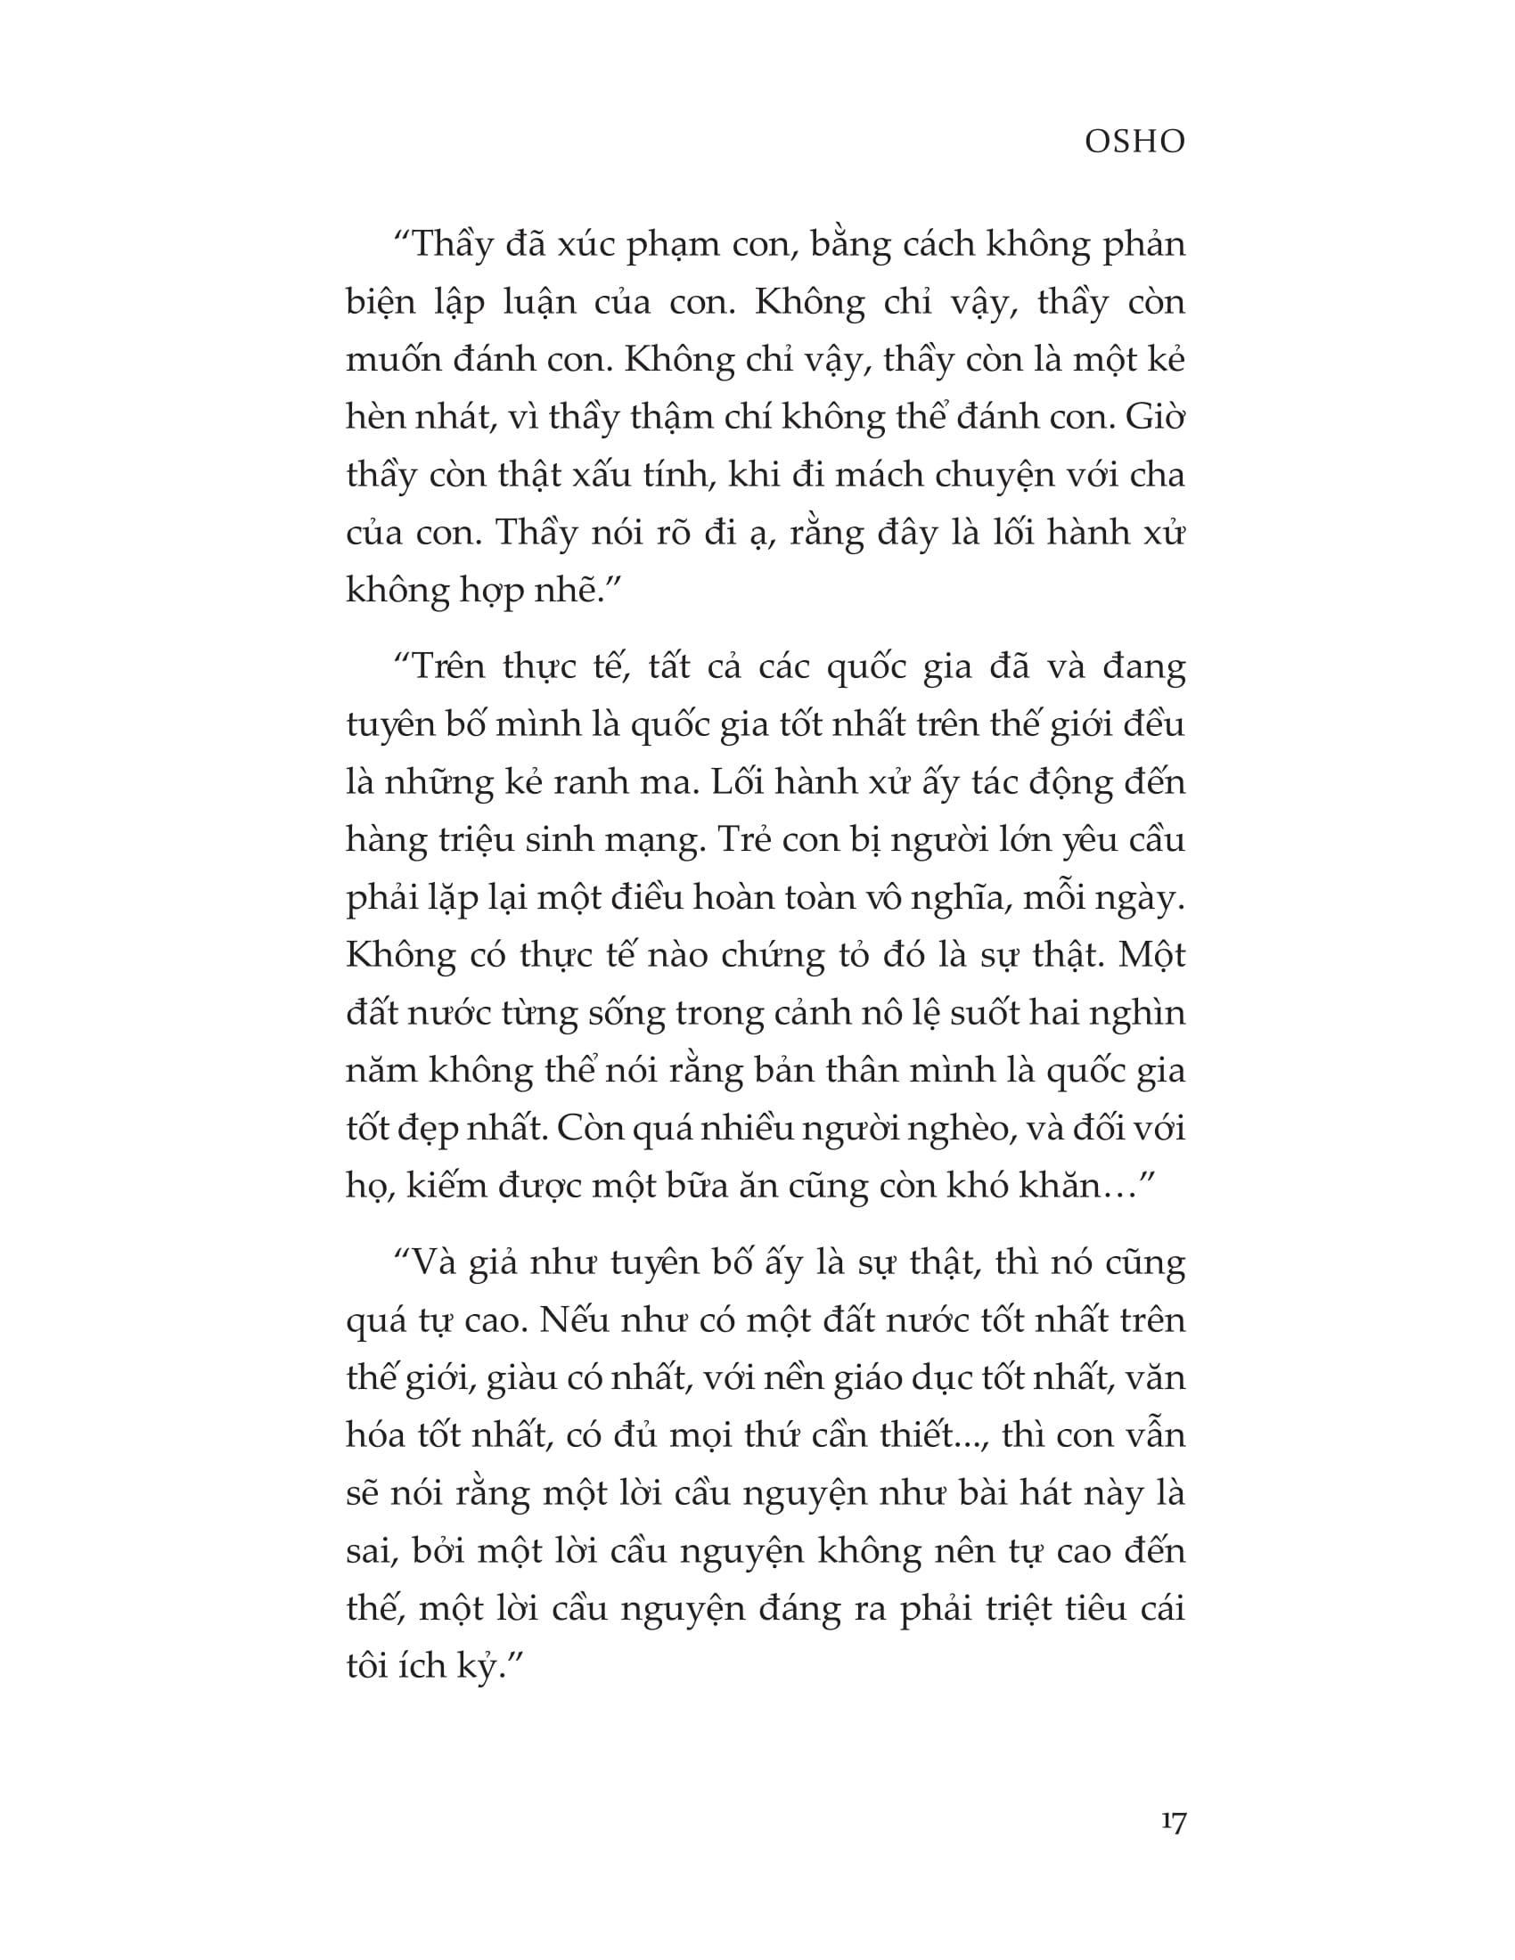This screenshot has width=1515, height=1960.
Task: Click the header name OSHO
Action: [1134, 142]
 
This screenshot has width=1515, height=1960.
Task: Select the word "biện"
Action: [381, 303]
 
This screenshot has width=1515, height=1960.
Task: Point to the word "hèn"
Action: [376, 417]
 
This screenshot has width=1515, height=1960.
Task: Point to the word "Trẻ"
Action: [744, 839]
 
